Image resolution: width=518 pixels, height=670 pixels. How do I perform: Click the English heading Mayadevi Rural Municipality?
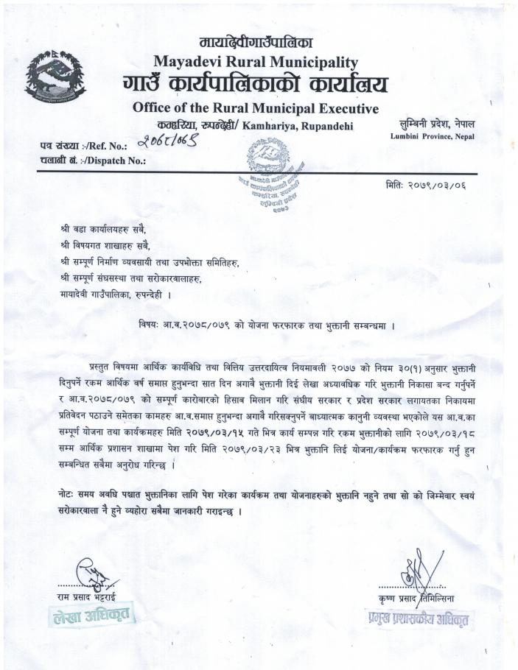(256, 62)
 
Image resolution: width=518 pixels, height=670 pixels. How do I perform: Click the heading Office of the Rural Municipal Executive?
(255, 108)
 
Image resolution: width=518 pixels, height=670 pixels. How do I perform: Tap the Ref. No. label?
(83, 146)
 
